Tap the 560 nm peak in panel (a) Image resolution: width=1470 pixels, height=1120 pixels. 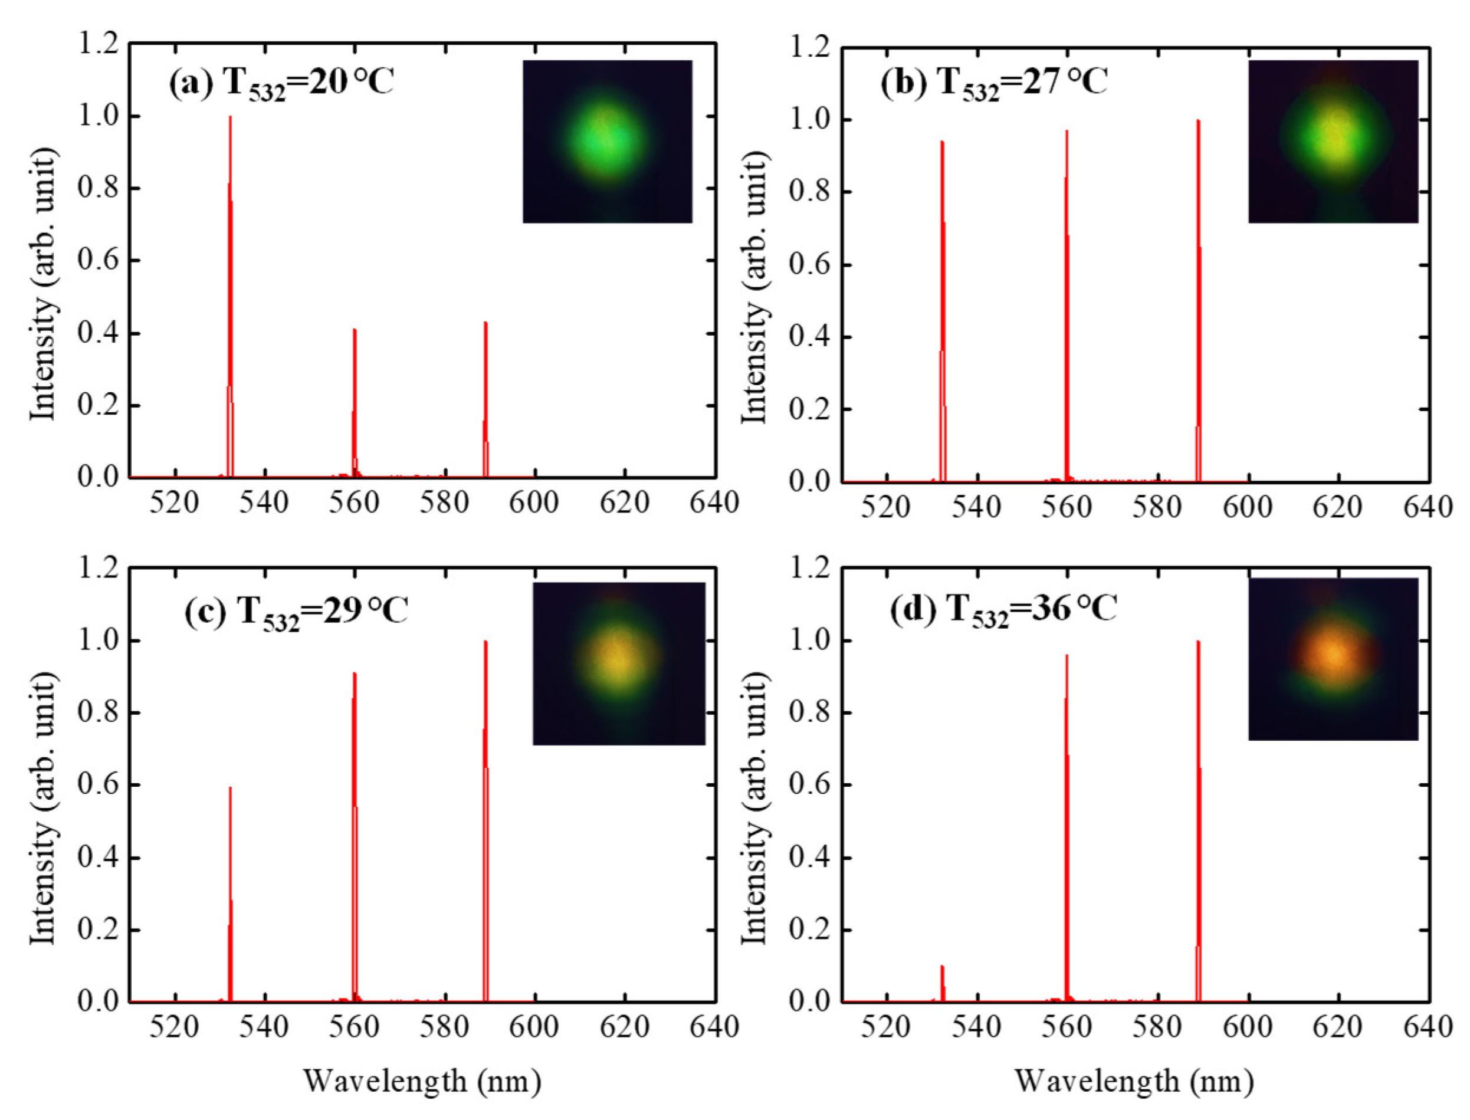click(355, 400)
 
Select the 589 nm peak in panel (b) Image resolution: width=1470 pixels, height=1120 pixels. click(1198, 300)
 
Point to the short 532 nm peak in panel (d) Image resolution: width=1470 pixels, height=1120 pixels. click(942, 983)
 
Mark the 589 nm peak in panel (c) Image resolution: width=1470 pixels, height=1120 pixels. click(486, 820)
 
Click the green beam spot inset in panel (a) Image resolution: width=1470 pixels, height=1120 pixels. click(608, 142)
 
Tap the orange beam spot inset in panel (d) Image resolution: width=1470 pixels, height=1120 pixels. click(1333, 658)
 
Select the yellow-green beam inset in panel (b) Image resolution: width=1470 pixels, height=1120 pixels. click(1333, 142)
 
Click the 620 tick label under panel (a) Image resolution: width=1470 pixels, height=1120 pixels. click(625, 502)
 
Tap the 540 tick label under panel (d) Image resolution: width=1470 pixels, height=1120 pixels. click(977, 1027)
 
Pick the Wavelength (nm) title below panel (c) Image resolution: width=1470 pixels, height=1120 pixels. click(422, 1081)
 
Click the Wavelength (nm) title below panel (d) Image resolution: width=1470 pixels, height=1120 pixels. click(1134, 1081)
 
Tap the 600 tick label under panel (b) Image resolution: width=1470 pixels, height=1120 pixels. click(1248, 507)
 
